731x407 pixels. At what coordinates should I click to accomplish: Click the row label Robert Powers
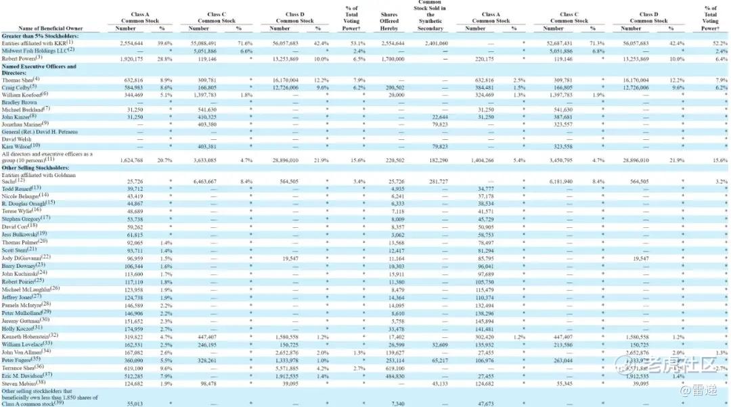pos(22,58)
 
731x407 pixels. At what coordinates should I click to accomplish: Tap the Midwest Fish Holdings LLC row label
pos(37,50)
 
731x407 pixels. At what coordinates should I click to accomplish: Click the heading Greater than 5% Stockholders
pos(40,35)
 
